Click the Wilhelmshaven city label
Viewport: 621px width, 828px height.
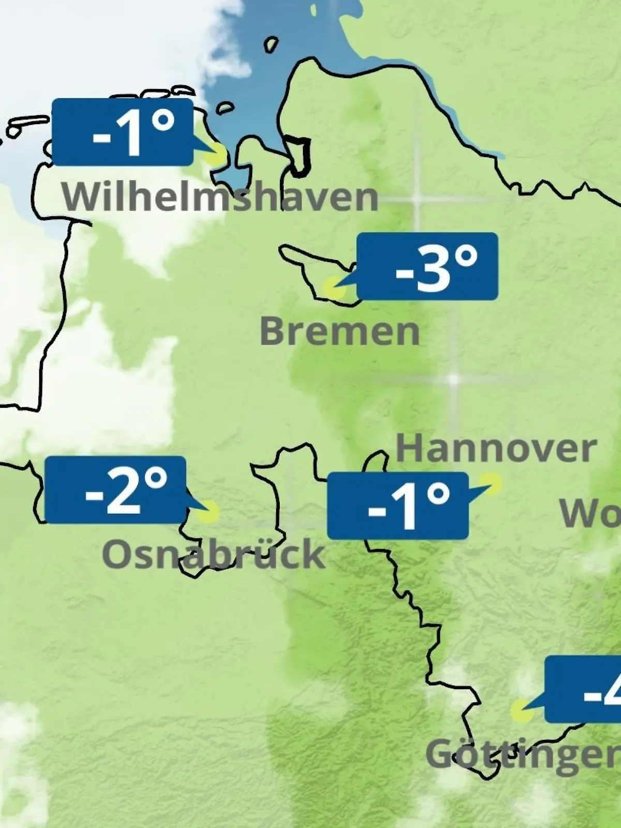point(220,197)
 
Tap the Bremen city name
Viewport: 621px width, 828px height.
point(339,331)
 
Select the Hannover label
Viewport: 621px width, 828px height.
point(496,448)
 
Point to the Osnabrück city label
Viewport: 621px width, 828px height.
point(213,554)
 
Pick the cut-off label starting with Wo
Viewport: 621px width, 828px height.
point(590,513)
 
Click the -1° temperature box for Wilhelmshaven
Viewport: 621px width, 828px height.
point(123,132)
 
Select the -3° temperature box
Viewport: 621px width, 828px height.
point(427,267)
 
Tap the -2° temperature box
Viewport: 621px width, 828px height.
point(115,490)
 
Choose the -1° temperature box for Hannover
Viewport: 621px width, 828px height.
point(398,506)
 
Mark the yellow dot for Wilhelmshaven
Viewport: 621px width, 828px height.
point(216,154)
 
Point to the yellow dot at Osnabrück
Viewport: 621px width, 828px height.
point(208,511)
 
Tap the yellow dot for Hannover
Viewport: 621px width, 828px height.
point(492,484)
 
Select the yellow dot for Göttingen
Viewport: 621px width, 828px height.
point(521,711)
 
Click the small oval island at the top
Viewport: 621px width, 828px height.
point(271,45)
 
